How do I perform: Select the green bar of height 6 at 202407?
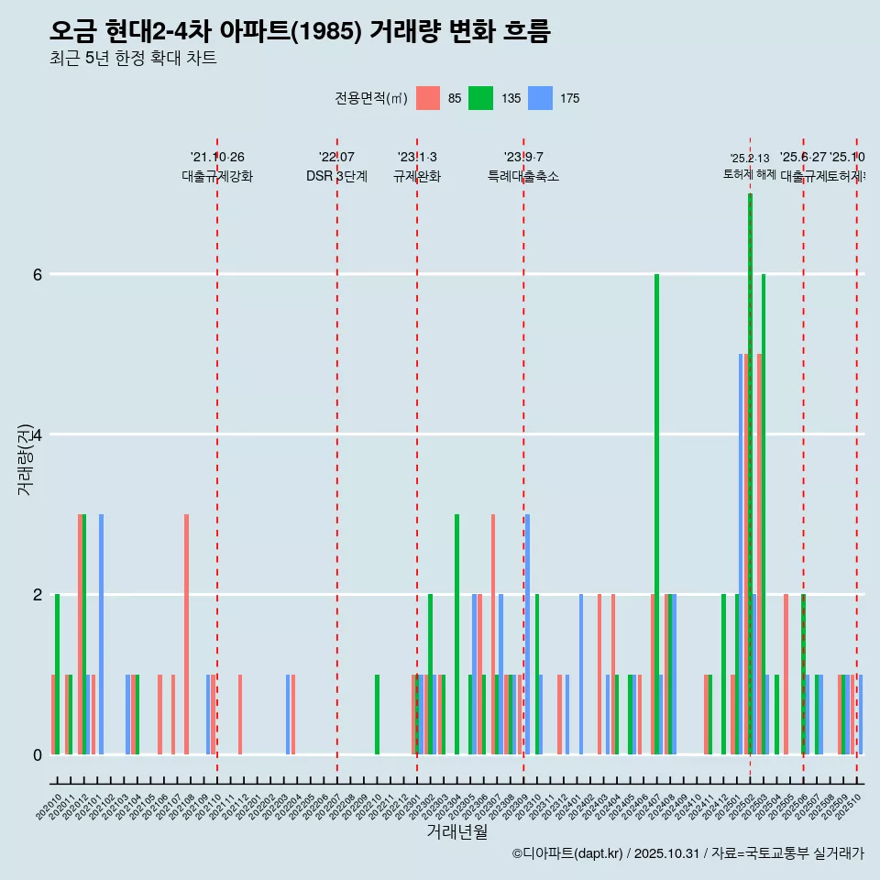pos(656,513)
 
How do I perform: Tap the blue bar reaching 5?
pos(741,550)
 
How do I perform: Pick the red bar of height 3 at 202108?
pos(186,632)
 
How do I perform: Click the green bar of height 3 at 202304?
pos(456,632)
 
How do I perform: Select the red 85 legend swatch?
pos(428,98)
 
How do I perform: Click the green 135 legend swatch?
pos(480,98)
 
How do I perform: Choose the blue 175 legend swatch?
pos(541,98)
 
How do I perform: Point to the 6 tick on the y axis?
pos(38,274)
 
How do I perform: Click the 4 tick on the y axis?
pos(38,434)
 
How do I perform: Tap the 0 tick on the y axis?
pos(38,754)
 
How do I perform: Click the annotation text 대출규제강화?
pos(217,176)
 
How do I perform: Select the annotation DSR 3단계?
pos(337,176)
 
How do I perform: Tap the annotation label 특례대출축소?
pos(523,176)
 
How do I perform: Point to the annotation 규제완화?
pos(417,176)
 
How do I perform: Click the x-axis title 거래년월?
pos(456,831)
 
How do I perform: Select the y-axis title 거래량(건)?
pos(25,458)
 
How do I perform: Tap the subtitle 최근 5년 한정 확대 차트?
pos(133,59)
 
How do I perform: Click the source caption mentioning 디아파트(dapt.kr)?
pos(687,853)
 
